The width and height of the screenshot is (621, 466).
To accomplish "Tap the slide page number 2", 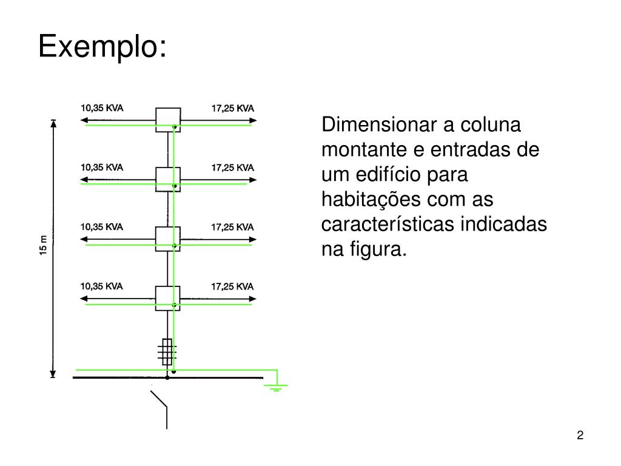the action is (x=580, y=436).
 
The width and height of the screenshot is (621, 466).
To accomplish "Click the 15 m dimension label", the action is (x=43, y=245).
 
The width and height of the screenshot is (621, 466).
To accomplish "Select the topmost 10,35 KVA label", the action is (x=102, y=108).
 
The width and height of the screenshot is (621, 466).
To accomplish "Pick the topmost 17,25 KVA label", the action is (x=233, y=108).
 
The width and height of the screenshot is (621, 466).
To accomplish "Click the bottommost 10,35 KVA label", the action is (x=102, y=286).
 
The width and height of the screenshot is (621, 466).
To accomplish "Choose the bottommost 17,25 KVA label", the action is (x=233, y=286).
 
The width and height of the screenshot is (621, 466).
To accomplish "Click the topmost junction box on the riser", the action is (x=168, y=120).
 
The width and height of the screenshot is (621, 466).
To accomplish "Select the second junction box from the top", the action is (x=168, y=179).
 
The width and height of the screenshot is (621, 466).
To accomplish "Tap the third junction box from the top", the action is (x=168, y=238).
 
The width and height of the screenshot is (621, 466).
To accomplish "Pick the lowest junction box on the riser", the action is (x=168, y=298).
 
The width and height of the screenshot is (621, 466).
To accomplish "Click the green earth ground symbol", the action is (x=277, y=386).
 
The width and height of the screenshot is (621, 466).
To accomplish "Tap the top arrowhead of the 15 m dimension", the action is (x=53, y=124).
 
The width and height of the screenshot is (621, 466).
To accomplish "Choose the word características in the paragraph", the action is (x=388, y=225).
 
